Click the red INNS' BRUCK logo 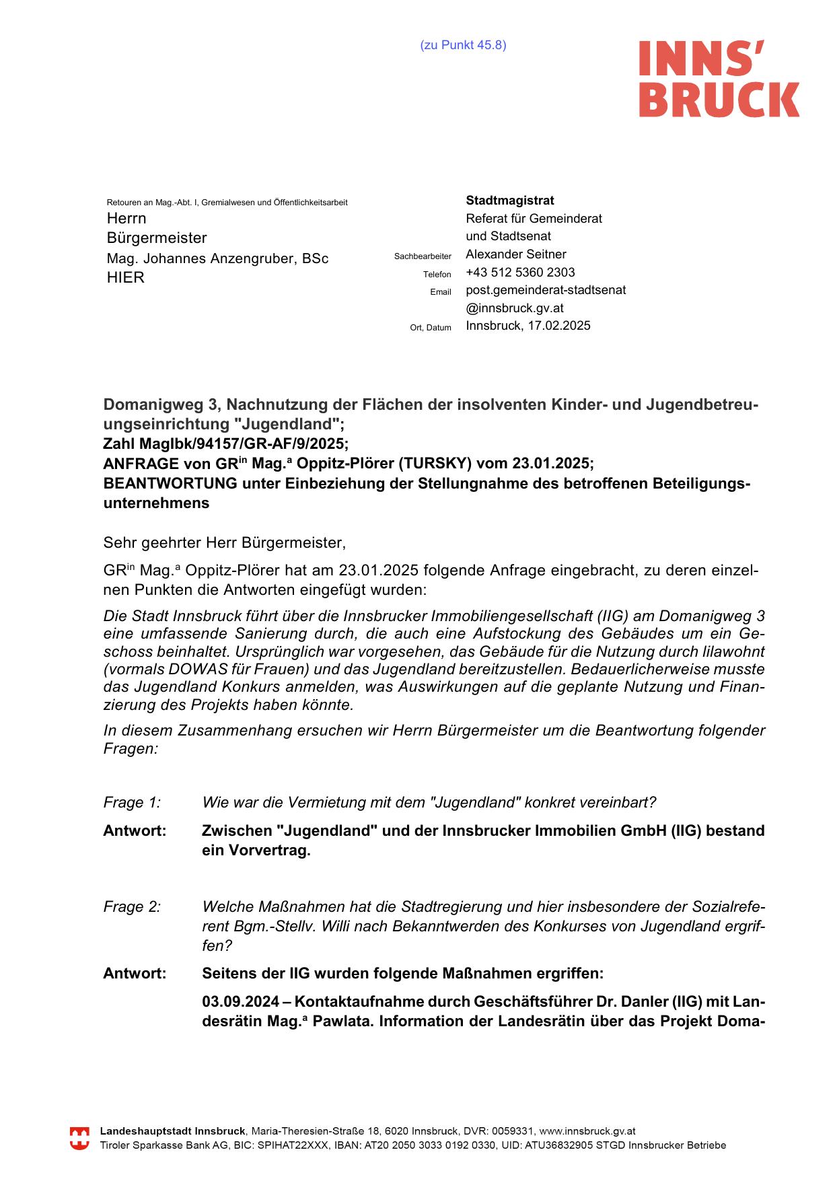click(x=718, y=78)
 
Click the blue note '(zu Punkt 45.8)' click(x=463, y=45)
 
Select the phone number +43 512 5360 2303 click(x=520, y=273)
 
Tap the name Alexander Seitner click(x=515, y=254)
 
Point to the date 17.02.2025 click(x=558, y=326)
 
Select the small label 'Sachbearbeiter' click(x=423, y=256)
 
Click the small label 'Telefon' click(x=437, y=275)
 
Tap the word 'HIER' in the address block click(x=126, y=278)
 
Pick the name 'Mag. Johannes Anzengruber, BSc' click(x=217, y=258)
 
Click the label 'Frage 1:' click(x=132, y=802)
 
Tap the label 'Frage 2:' click(x=132, y=907)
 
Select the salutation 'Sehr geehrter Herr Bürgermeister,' click(x=224, y=542)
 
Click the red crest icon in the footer click(x=79, y=1138)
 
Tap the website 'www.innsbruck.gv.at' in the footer click(x=587, y=1131)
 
